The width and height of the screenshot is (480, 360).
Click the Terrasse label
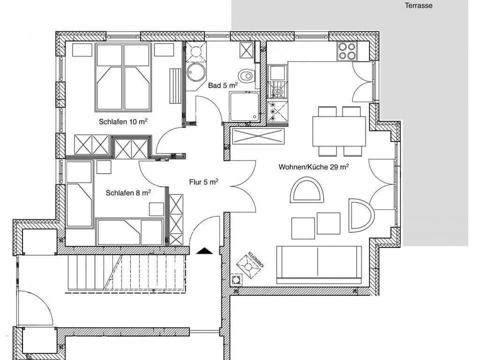tap(418, 6)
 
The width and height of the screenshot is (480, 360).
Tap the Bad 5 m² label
tap(222, 85)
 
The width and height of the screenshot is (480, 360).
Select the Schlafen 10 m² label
tap(123, 121)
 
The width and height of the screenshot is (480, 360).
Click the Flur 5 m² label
tap(203, 182)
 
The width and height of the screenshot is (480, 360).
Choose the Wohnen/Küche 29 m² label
tap(313, 167)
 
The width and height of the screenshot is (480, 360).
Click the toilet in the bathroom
tap(246, 76)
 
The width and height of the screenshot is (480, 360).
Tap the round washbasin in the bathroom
tap(196, 72)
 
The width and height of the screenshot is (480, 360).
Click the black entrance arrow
tap(204, 250)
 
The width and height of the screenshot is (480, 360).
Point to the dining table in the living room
tap(338, 130)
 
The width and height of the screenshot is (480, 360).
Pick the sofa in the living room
tap(318, 264)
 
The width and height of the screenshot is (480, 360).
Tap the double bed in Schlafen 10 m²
tap(123, 77)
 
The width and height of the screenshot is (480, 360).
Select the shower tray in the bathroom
tap(244, 106)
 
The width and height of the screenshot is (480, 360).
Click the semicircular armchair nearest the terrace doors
tap(361, 215)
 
